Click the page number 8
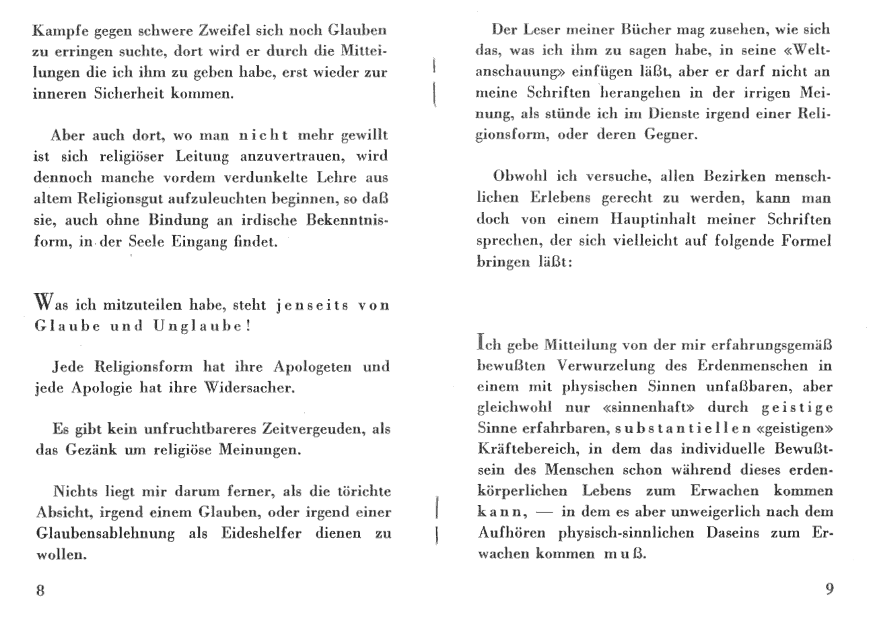[x=40, y=591]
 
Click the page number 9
[x=829, y=589]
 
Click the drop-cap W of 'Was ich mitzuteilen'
[x=42, y=300]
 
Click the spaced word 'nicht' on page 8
[x=264, y=135]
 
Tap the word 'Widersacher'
[x=256, y=389]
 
